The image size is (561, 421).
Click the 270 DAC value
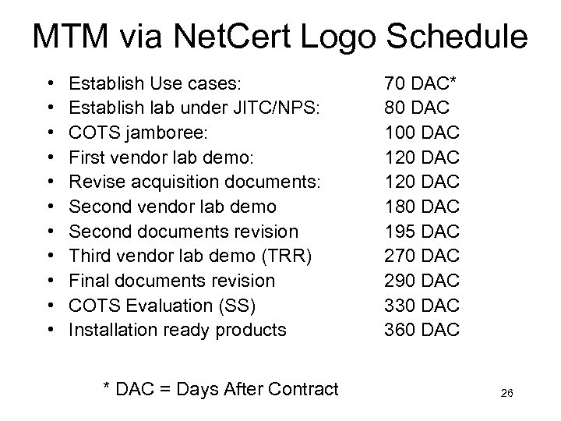[422, 255]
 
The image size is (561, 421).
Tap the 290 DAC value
[422, 280]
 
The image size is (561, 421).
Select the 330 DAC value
[422, 305]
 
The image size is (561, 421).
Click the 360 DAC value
[422, 330]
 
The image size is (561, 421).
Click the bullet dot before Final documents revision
[51, 280]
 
